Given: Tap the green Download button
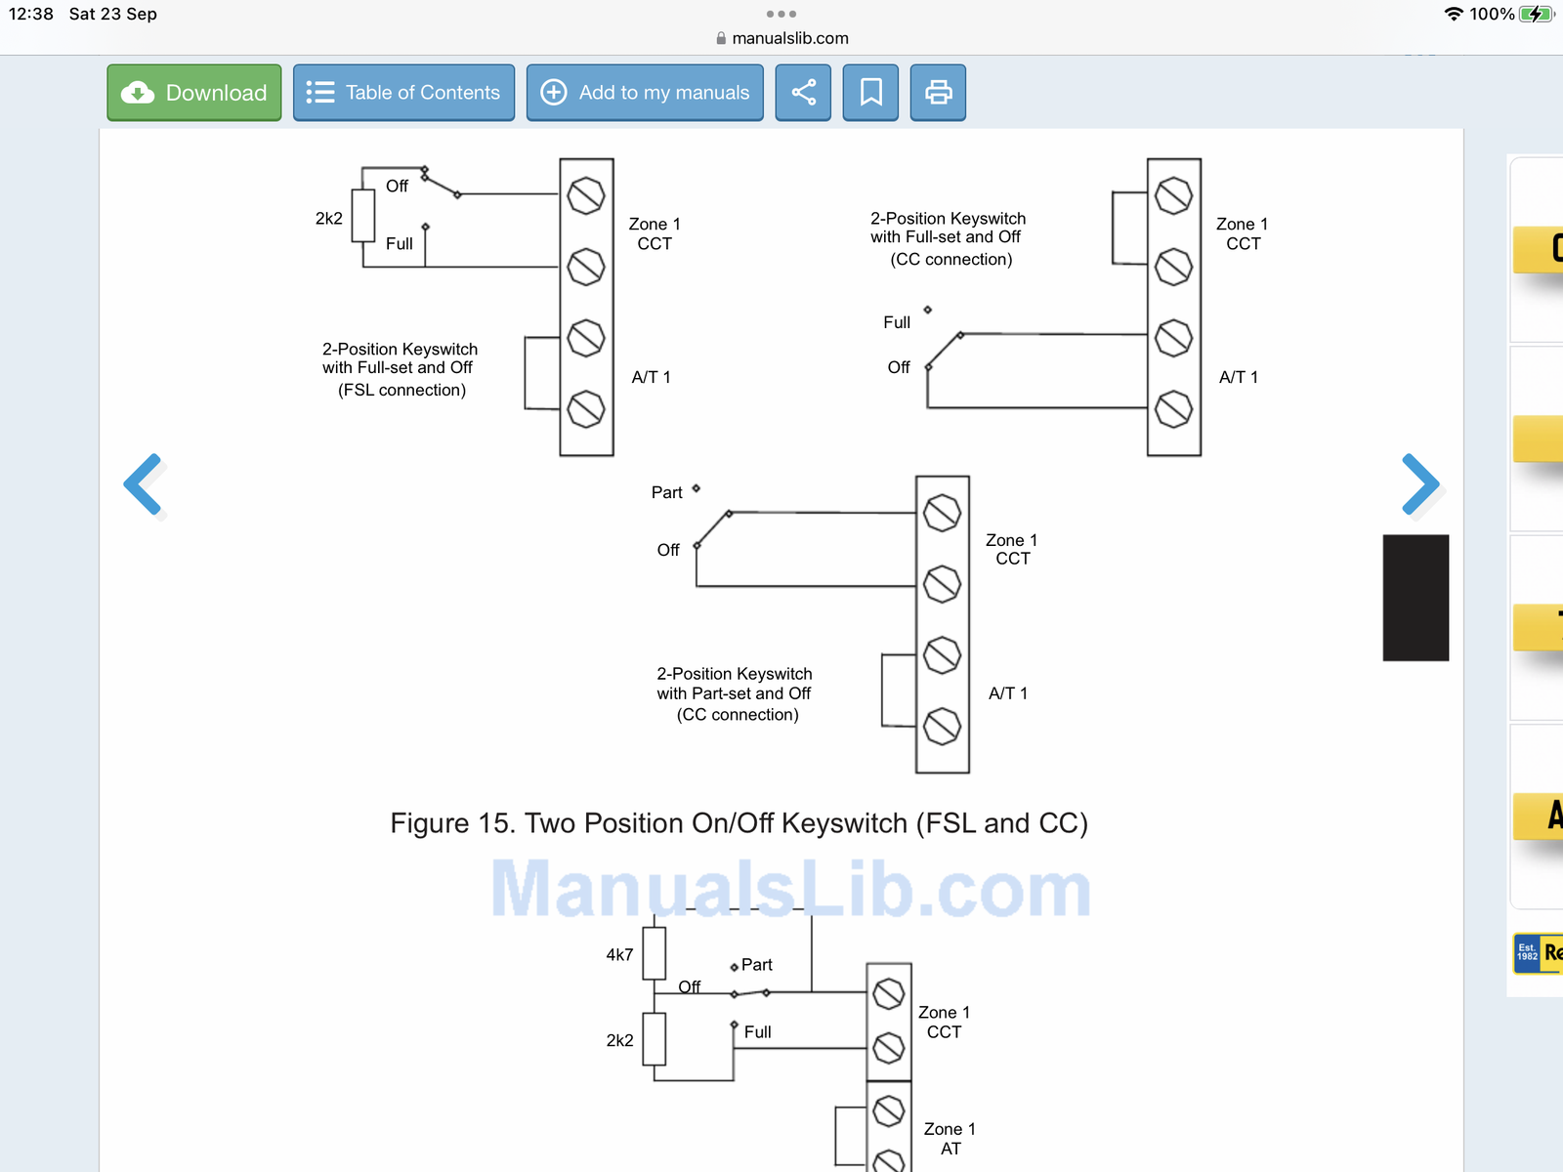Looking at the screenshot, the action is (194, 93).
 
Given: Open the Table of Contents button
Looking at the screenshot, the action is (403, 93).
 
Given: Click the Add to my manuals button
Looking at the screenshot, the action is (645, 93).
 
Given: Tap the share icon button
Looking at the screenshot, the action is (803, 93).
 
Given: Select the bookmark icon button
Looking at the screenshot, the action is (870, 93).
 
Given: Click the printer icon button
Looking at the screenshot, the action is (938, 93).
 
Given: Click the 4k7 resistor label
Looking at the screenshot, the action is (619, 954).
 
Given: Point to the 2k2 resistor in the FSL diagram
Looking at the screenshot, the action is (363, 216).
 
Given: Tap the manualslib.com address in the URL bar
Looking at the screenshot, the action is (789, 38).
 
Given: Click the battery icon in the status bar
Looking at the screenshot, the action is (1536, 15).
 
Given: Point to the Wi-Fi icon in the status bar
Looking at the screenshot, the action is (1454, 15).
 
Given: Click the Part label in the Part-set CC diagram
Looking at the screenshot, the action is (666, 492).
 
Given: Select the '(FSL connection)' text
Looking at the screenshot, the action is (402, 390).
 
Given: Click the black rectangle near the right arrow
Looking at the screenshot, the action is (1415, 598).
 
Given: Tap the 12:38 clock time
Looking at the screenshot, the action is (30, 15).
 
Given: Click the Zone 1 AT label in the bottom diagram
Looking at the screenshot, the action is (950, 1139).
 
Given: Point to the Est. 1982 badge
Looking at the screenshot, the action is (1527, 952).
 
